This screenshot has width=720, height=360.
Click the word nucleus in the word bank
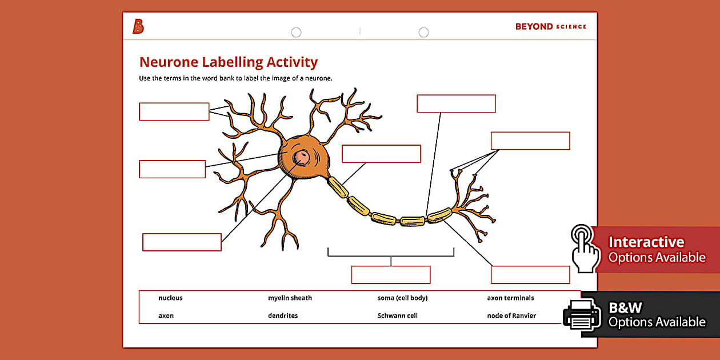[170, 298]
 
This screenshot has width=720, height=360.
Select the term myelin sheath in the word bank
[290, 298]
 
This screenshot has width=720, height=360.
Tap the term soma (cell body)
[402, 298]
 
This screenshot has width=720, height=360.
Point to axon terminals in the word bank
[510, 298]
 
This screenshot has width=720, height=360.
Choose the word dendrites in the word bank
[283, 315]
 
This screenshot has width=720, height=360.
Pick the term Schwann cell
[397, 315]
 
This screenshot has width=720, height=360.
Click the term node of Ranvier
[511, 315]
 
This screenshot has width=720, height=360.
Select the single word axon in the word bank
[166, 315]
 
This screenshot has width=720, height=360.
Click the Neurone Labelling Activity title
[228, 62]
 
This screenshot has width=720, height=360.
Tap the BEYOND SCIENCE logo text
[550, 26]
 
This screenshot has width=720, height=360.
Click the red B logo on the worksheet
[138, 26]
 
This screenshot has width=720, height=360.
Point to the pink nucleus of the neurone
[301, 157]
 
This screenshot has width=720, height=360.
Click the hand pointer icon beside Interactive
[585, 248]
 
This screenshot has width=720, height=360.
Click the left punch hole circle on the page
[296, 33]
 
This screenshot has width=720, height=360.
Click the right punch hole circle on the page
[423, 33]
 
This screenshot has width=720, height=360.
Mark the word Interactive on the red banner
[646, 242]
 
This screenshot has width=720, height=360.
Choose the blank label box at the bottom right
[530, 275]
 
